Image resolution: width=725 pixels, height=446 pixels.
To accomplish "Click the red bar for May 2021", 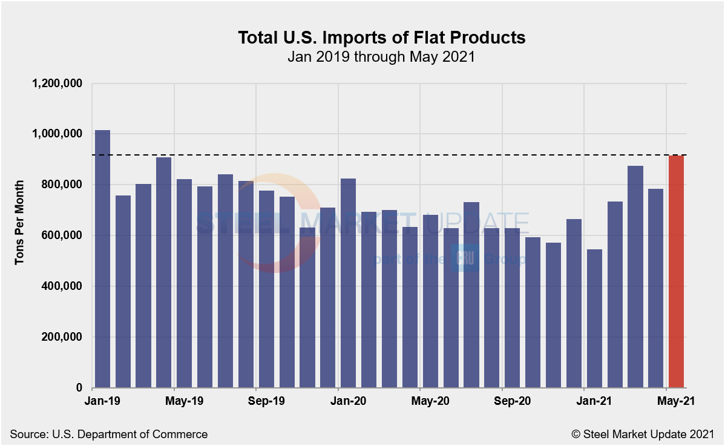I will point(676,272).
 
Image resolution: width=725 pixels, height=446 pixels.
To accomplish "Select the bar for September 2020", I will point(513,308).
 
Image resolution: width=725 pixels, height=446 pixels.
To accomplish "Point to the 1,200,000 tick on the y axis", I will point(56,84).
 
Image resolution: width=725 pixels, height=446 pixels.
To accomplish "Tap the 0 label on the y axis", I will point(79,388).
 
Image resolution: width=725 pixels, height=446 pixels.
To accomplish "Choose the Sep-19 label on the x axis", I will point(267,401).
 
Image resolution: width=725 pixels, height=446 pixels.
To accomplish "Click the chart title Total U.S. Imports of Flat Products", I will point(381,38).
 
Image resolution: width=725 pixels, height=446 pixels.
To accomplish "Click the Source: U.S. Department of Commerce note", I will point(109,434).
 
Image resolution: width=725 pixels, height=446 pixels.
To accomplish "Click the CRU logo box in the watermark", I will point(465,259).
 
